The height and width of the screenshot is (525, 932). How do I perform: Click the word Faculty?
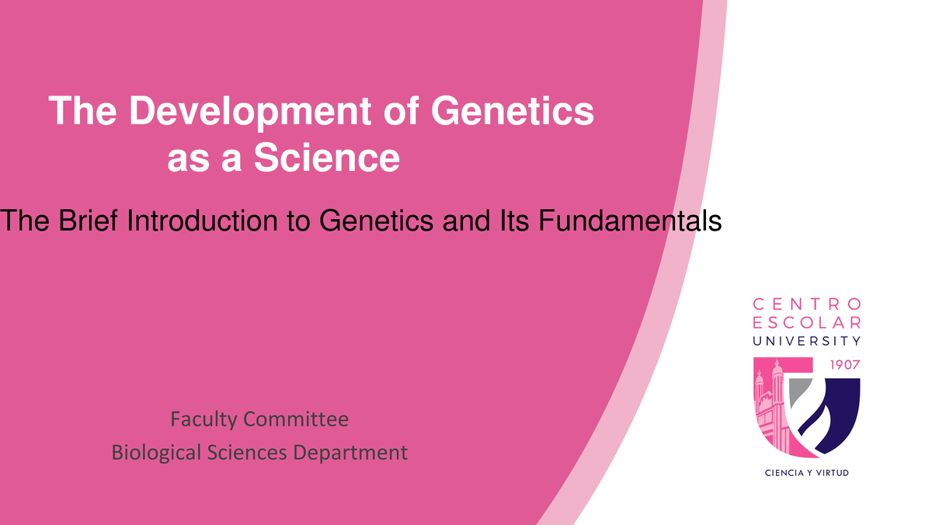click(203, 420)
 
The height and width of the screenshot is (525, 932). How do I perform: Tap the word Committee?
click(295, 420)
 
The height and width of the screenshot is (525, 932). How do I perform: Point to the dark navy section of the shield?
click(843, 412)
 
